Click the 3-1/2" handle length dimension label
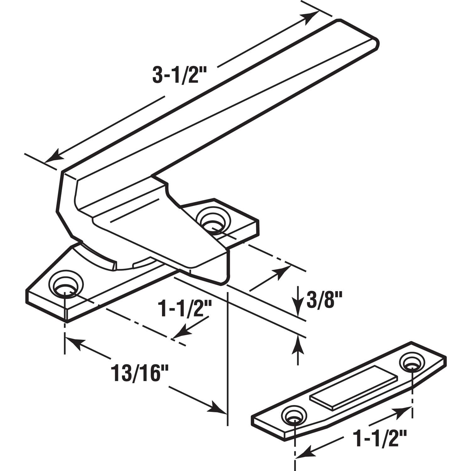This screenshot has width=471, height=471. pos(176,74)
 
